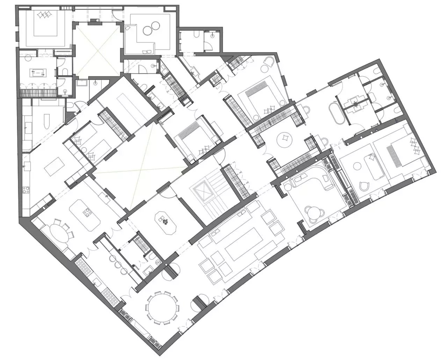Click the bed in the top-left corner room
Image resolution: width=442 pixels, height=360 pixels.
(45, 24)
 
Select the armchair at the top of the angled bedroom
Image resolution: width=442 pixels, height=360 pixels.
(268, 63)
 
